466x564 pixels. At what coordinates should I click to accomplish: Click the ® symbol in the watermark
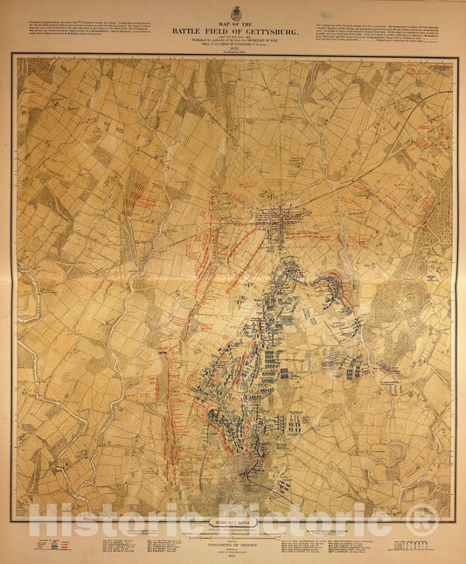click(424, 519)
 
